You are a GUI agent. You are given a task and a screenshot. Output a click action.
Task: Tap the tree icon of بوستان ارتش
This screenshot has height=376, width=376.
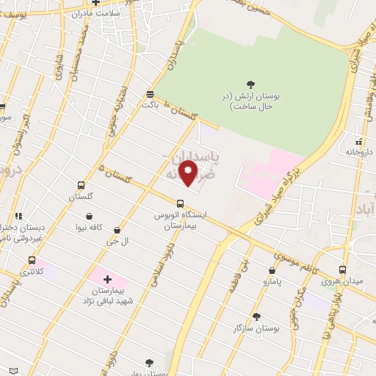click(251, 85)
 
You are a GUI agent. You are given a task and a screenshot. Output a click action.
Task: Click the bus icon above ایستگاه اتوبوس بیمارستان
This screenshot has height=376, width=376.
click(180, 203)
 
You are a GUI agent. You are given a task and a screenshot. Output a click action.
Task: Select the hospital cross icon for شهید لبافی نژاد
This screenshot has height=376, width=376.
click(107, 279)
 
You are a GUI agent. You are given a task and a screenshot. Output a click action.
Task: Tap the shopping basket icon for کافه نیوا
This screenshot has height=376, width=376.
click(89, 217)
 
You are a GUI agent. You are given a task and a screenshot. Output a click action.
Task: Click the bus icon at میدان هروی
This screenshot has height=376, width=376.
click(342, 270)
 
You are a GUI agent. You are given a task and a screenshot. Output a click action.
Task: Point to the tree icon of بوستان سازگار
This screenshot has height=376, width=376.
click(256, 317)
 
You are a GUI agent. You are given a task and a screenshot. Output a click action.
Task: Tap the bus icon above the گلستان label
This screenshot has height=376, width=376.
click(81, 186)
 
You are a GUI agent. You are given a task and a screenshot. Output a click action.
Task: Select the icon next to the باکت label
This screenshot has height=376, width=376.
click(151, 94)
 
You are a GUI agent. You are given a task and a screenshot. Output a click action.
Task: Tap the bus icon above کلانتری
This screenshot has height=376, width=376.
click(32, 260)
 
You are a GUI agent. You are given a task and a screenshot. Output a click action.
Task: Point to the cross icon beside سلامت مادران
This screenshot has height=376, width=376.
click(96, 2)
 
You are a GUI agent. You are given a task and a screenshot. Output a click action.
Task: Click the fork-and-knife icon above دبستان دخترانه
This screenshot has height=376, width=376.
click(18, 217)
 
